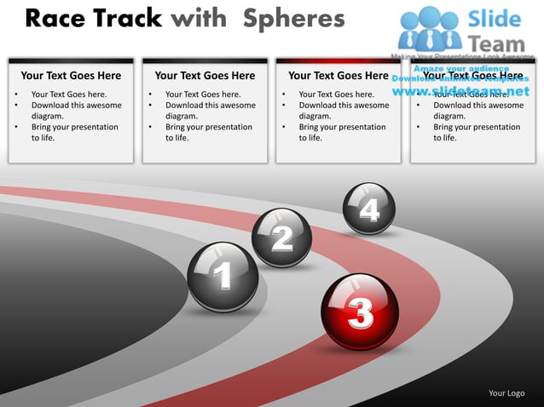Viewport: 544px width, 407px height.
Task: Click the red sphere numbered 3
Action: [x=361, y=311]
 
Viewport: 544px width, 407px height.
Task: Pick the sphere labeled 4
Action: [x=369, y=209]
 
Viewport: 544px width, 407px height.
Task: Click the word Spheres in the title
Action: [x=294, y=19]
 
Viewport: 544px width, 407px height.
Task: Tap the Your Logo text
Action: [x=506, y=393]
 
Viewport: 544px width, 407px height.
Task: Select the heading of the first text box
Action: [x=71, y=76]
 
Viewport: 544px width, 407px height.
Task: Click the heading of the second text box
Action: [x=205, y=76]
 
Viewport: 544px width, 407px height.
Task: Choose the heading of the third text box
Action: [x=339, y=76]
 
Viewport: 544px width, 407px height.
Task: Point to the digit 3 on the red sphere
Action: [x=361, y=313]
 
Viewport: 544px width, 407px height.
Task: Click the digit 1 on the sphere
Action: [x=223, y=276]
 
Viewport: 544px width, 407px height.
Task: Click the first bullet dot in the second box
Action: [x=150, y=95]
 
